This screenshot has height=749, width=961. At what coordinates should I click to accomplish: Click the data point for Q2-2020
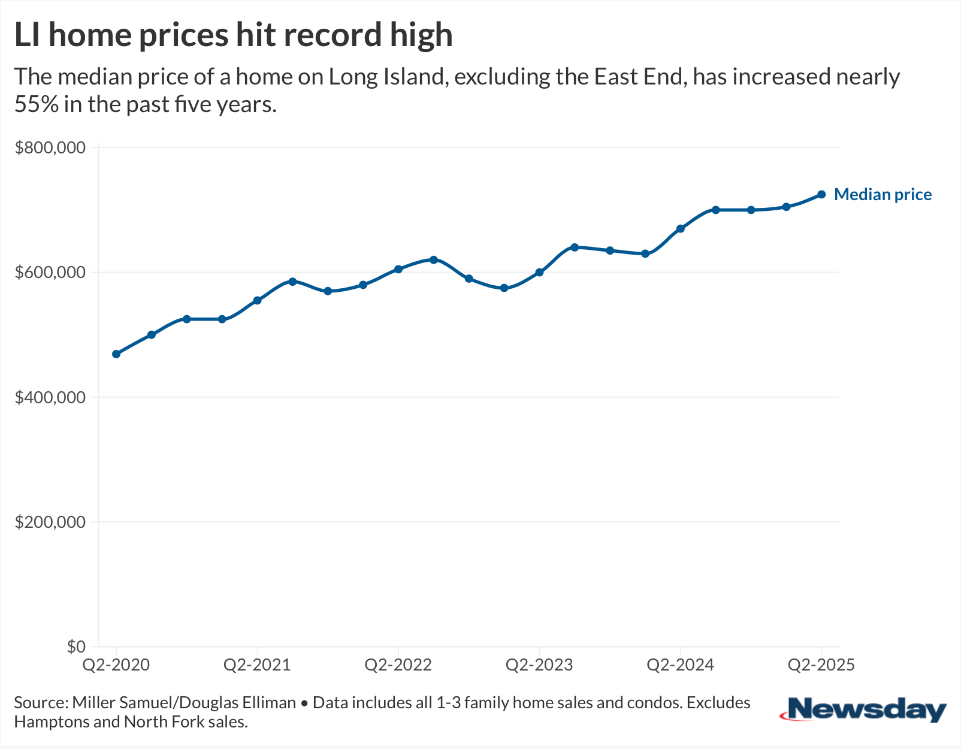pyautogui.click(x=116, y=354)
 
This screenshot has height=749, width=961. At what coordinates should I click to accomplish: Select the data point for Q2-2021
pyautogui.click(x=258, y=300)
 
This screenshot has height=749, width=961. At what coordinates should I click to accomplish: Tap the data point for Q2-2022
pyautogui.click(x=398, y=269)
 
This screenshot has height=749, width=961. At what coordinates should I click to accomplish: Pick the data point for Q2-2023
pyautogui.click(x=539, y=272)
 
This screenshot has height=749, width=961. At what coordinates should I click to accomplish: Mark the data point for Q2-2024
pyautogui.click(x=681, y=229)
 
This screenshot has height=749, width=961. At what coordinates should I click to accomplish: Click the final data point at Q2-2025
pyautogui.click(x=821, y=195)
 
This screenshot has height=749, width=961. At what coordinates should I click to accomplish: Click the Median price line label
pyautogui.click(x=883, y=195)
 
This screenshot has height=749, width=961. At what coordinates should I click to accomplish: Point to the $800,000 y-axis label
pyautogui.click(x=50, y=148)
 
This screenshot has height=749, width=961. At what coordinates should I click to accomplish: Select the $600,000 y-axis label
pyautogui.click(x=50, y=273)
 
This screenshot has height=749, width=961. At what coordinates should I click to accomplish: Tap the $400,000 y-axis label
pyautogui.click(x=50, y=397)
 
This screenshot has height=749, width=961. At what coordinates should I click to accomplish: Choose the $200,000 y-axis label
pyautogui.click(x=50, y=522)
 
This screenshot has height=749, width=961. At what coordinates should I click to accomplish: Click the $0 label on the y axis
pyautogui.click(x=76, y=647)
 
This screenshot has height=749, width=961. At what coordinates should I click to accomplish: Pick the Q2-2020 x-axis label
pyautogui.click(x=116, y=665)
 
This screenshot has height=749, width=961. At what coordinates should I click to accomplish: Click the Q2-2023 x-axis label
pyautogui.click(x=539, y=665)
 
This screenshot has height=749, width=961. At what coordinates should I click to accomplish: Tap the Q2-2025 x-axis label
pyautogui.click(x=821, y=665)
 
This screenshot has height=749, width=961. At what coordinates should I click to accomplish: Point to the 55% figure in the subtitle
pyautogui.click(x=37, y=105)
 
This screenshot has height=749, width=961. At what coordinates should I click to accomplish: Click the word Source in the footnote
pyautogui.click(x=40, y=702)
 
